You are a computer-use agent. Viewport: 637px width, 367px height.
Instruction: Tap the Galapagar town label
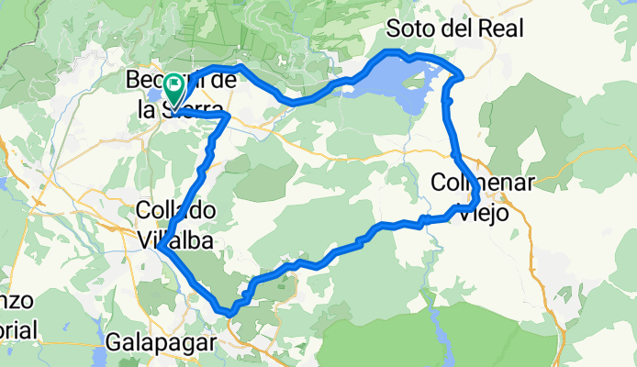coord(162,343)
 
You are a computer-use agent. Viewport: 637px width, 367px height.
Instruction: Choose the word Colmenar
coord(483,183)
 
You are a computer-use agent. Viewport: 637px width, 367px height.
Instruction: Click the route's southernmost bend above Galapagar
coord(229,314)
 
